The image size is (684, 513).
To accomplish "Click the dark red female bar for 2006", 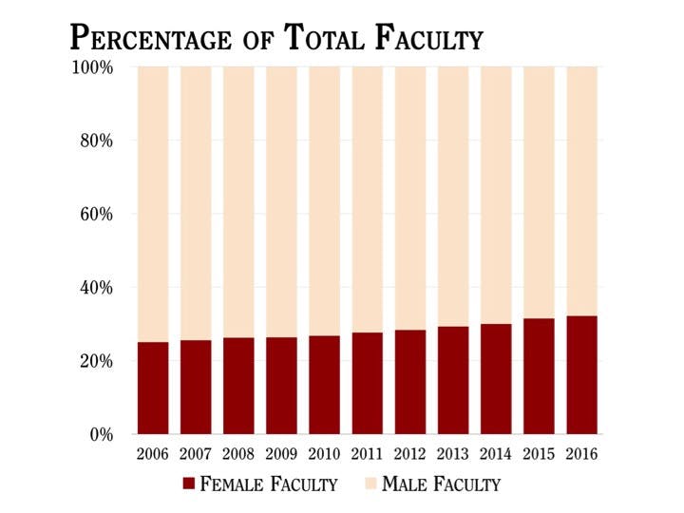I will [x=153, y=388].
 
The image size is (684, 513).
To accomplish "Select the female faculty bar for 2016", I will [x=581, y=374].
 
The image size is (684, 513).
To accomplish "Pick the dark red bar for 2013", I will [x=453, y=380].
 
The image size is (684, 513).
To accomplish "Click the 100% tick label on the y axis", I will [x=93, y=68].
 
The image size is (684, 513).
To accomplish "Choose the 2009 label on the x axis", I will [x=281, y=454].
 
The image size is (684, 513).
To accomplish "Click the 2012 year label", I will [x=410, y=454].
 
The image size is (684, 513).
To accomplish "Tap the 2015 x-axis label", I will [x=539, y=454].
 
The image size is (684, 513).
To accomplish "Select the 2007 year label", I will [x=196, y=454].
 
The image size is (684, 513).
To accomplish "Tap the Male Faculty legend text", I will [x=441, y=484].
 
